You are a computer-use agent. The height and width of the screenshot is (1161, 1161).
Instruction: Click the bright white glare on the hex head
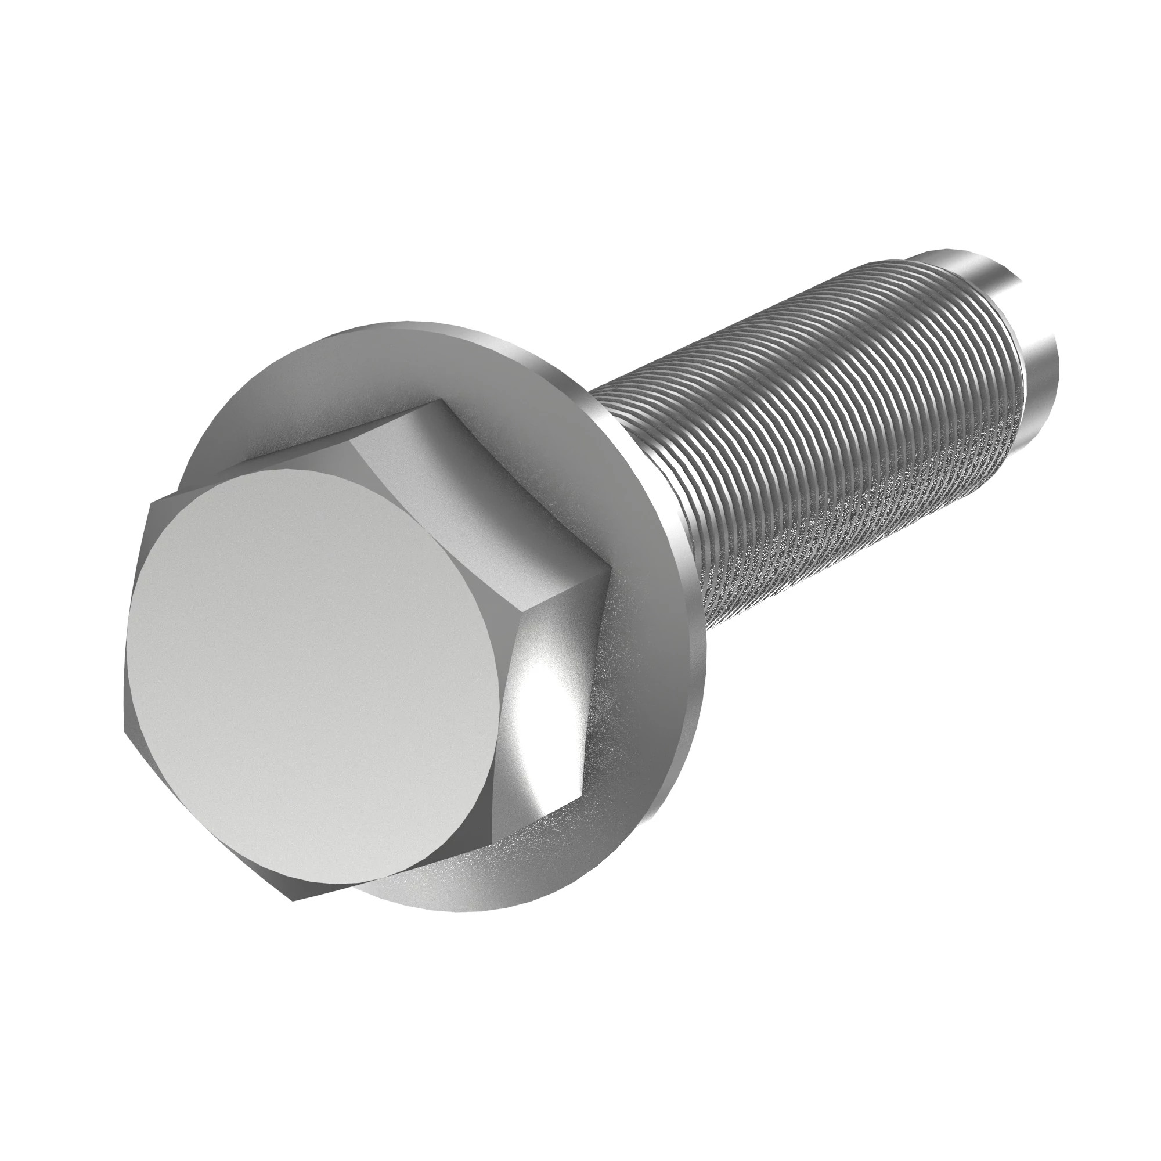pyautogui.click(x=541, y=715)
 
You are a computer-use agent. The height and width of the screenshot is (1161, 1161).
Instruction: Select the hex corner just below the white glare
pyautogui.click(x=582, y=796)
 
